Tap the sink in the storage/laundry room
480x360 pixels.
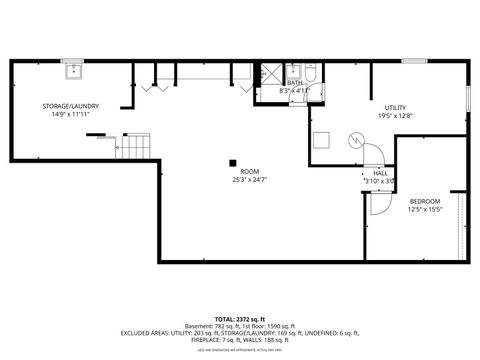pyautogui.click(x=72, y=70)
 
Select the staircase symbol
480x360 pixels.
pyautogui.click(x=135, y=148)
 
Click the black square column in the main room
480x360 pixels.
pyautogui.click(x=233, y=162)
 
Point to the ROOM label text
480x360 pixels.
pyautogui.click(x=236, y=171)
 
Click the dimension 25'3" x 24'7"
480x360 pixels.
pyautogui.click(x=236, y=180)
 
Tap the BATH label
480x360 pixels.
pyautogui.click(x=295, y=82)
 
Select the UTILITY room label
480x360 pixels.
pyautogui.click(x=396, y=107)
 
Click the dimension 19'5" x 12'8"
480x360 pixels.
pyautogui.click(x=396, y=116)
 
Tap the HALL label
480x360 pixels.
pyautogui.click(x=381, y=173)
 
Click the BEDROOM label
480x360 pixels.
pyautogui.click(x=425, y=201)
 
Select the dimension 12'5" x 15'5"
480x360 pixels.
pyautogui.click(x=425, y=210)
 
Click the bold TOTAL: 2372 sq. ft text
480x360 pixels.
pyautogui.click(x=239, y=317)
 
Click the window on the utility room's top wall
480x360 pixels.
pyautogui.click(x=414, y=61)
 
